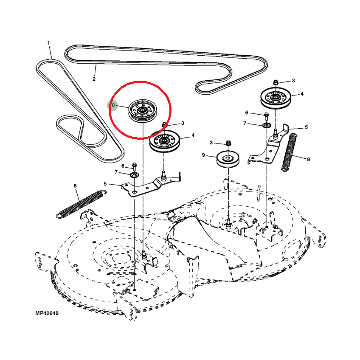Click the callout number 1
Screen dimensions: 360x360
pyautogui.click(x=48, y=43)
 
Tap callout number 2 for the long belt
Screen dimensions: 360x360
pyautogui.click(x=94, y=79)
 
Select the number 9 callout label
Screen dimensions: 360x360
pyautogui.click(x=203, y=155)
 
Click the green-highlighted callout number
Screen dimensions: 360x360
pyautogui.click(x=112, y=105)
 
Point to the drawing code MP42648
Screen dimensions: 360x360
pyautogui.click(x=47, y=313)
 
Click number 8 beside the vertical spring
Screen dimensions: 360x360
pyautogui.click(x=308, y=160)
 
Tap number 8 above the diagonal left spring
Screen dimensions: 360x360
pyautogui.click(x=75, y=186)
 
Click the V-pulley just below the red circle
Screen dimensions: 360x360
pyautogui.click(x=165, y=141)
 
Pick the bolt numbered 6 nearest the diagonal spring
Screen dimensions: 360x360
pyautogui.click(x=135, y=165)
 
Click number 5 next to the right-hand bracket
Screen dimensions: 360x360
pyautogui.click(x=306, y=127)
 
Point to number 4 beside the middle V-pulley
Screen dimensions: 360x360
pyautogui.click(x=193, y=135)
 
